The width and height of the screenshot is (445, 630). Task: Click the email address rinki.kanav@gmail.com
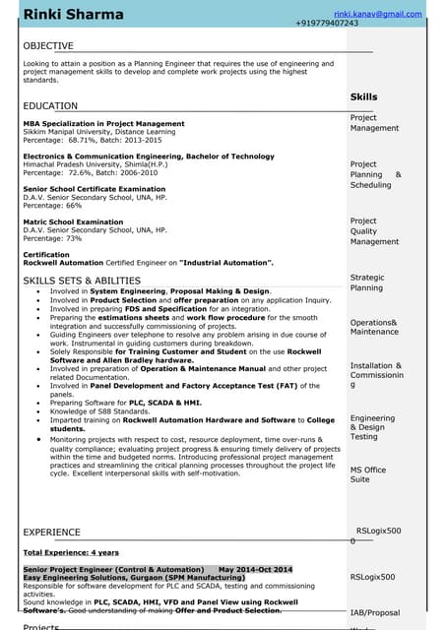377,14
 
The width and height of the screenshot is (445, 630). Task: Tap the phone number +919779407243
340,23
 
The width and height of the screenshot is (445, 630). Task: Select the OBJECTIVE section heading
47,46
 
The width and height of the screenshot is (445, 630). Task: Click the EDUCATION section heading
50,105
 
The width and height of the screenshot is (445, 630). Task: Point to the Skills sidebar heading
363,97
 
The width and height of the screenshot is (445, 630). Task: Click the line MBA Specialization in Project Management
103,124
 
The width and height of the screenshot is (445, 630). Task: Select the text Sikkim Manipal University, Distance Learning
98,131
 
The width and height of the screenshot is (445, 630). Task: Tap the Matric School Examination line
73,222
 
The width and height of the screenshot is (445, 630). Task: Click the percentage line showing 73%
52,238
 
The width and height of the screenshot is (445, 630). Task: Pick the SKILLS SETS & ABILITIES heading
82,282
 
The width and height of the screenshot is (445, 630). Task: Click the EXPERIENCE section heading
51,533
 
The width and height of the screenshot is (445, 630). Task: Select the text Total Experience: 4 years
70,553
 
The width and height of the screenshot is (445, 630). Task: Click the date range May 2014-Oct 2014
255,570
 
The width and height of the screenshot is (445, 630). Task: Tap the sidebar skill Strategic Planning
367,283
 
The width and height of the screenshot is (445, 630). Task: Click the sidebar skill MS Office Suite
367,474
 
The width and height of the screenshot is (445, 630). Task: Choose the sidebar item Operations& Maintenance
373,327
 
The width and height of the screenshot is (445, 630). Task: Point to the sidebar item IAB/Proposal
375,612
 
